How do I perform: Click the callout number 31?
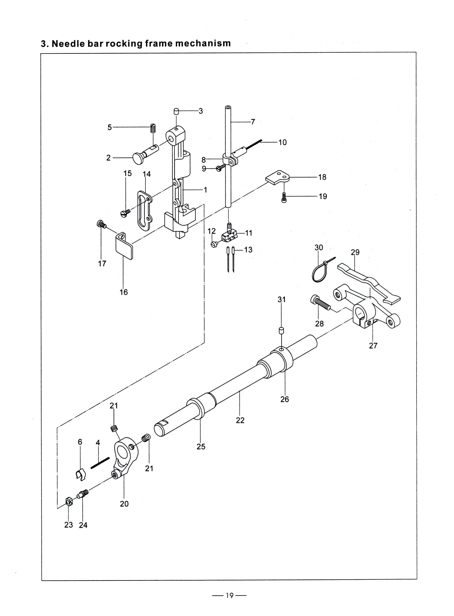tap(282, 299)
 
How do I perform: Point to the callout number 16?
tap(124, 292)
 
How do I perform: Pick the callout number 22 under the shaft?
tap(240, 420)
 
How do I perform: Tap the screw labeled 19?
tap(284, 197)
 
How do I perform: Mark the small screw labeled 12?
tap(215, 244)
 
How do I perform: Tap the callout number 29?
tap(355, 252)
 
